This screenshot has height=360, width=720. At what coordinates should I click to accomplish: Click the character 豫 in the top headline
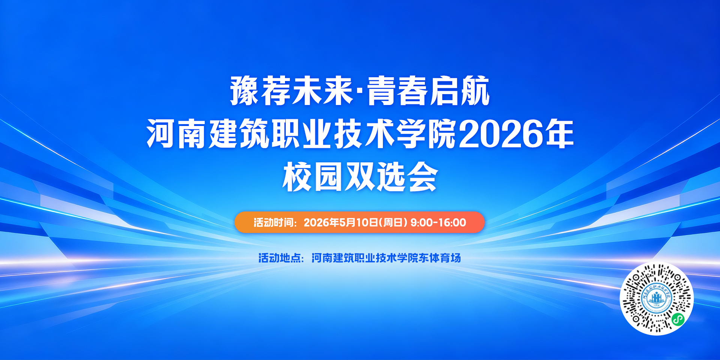(245, 91)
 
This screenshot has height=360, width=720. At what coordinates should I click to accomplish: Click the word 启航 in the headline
(460, 91)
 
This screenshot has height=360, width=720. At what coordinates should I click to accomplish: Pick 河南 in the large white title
(177, 134)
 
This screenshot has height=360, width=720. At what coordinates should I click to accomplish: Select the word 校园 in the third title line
(313, 177)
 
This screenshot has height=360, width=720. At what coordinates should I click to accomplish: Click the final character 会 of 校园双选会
(423, 177)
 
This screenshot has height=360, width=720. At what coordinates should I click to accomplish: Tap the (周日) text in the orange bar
(393, 222)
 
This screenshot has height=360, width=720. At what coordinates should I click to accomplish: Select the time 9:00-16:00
(438, 222)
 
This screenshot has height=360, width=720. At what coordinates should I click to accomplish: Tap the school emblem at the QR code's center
(656, 299)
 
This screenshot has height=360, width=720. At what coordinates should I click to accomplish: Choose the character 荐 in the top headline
(276, 91)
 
